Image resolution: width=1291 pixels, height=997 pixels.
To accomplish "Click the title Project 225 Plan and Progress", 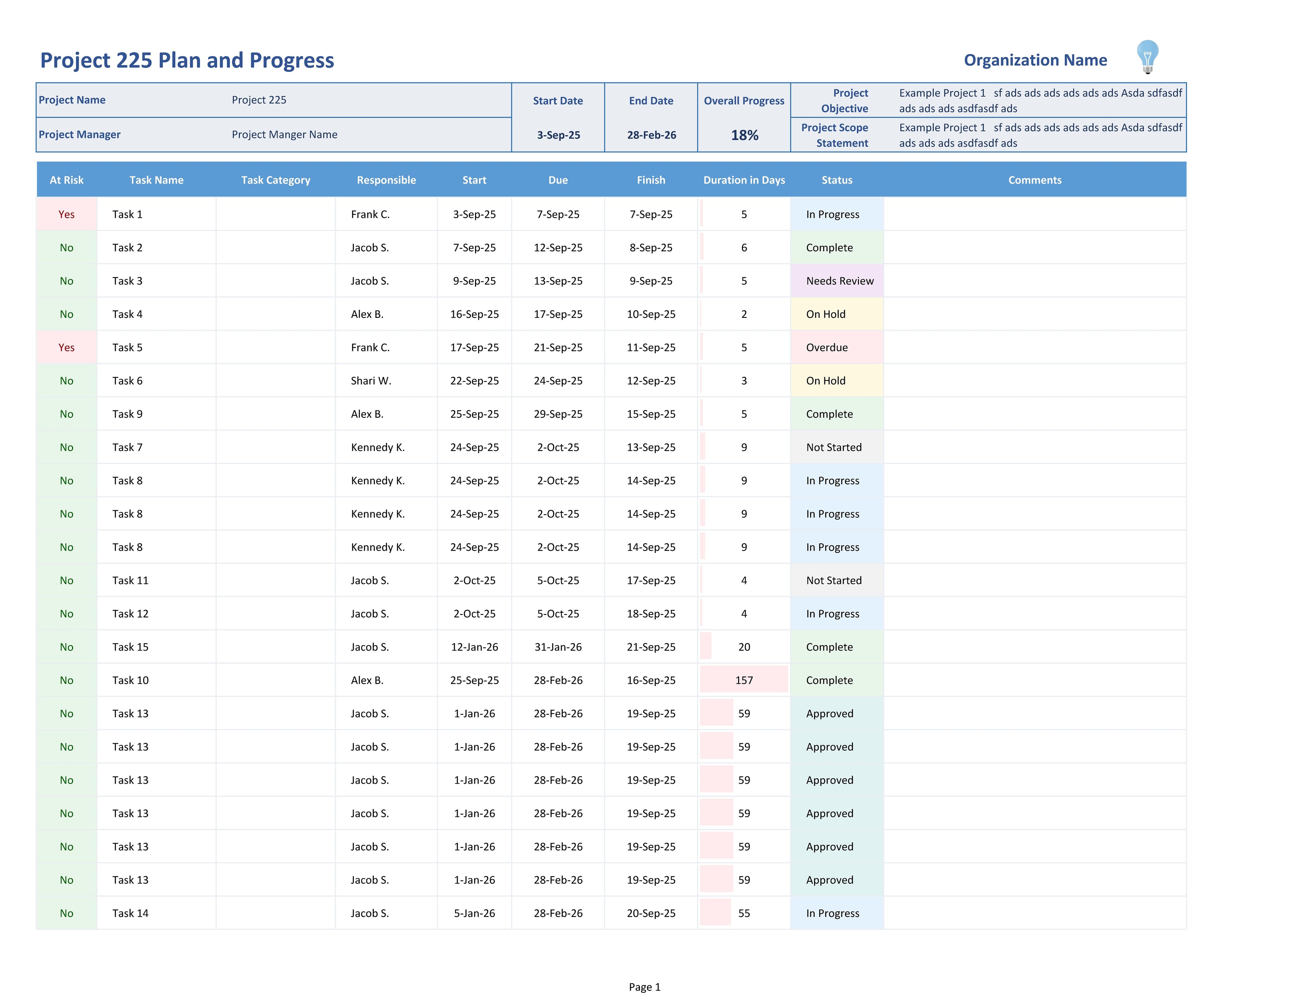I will [x=187, y=60].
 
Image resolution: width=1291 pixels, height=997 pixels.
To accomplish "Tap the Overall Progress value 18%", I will [x=744, y=135].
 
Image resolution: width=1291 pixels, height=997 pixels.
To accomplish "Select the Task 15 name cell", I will [x=131, y=647].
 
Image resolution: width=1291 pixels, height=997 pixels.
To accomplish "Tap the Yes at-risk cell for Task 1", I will [x=66, y=214].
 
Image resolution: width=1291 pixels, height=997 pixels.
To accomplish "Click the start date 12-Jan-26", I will [x=474, y=647].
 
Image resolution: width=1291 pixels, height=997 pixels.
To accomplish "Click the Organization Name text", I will [x=1035, y=60].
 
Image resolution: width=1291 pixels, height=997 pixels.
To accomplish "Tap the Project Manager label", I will [x=79, y=135].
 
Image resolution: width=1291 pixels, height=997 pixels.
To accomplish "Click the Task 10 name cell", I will [x=131, y=680].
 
